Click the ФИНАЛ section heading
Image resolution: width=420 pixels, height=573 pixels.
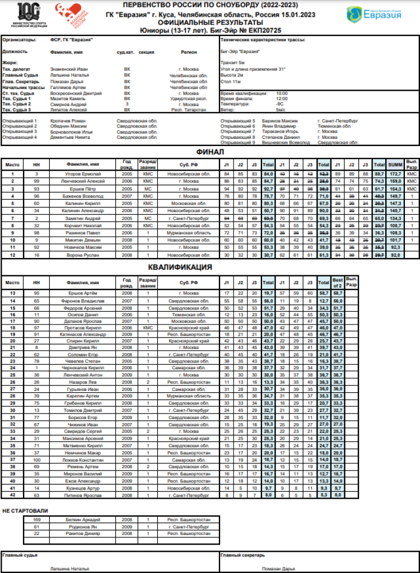pyautogui.click(x=210, y=152)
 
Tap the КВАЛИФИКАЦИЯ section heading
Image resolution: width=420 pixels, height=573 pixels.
pyautogui.click(x=180, y=267)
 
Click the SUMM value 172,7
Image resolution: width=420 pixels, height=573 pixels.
pyautogui.click(x=395, y=175)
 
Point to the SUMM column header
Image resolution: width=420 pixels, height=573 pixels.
pyautogui.click(x=395, y=165)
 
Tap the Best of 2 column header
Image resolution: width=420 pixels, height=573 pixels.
pyautogui.click(x=337, y=283)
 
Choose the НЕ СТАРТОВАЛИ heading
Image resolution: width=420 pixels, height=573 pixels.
pyautogui.click(x=25, y=511)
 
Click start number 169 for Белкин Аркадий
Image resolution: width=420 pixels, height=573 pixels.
pyautogui.click(x=37, y=520)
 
